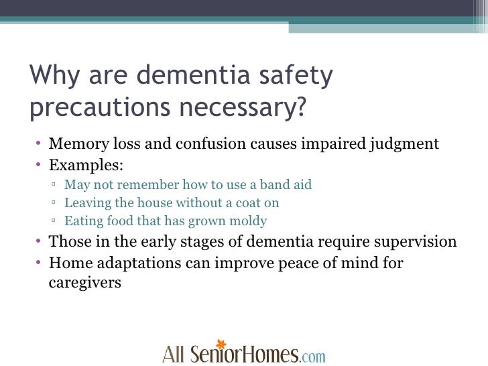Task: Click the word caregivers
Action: coord(85,282)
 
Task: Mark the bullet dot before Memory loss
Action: coord(40,145)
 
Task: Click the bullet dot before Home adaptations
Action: coord(40,263)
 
